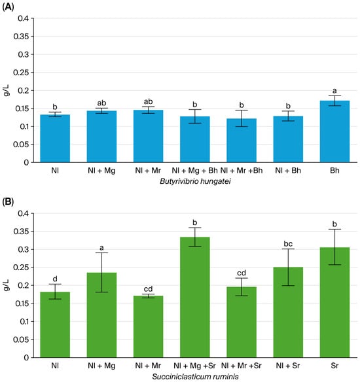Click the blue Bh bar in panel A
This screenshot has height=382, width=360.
(334, 131)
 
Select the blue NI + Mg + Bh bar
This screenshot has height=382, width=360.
(195, 139)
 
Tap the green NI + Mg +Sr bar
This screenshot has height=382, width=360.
(195, 297)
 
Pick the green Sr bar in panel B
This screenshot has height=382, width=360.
(334, 302)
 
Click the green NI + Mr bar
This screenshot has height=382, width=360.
(148, 326)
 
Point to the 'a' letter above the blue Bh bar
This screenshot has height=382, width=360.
(334, 91)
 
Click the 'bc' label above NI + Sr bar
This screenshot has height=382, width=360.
(288, 243)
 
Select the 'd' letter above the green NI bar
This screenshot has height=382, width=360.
(55, 279)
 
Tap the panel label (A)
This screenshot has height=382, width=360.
(8, 7)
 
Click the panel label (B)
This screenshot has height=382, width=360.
(8, 202)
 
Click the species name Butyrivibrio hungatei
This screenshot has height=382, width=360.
(195, 181)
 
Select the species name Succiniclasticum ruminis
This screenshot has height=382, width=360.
(195, 377)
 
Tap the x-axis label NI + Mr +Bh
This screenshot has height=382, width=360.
(242, 170)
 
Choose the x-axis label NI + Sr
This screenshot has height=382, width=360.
(288, 366)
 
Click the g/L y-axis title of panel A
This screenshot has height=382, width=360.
(7, 90)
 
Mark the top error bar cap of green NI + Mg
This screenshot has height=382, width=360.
(101, 252)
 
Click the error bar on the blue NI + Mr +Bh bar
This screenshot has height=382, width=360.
(242, 118)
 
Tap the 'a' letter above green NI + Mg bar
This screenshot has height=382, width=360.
(101, 248)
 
